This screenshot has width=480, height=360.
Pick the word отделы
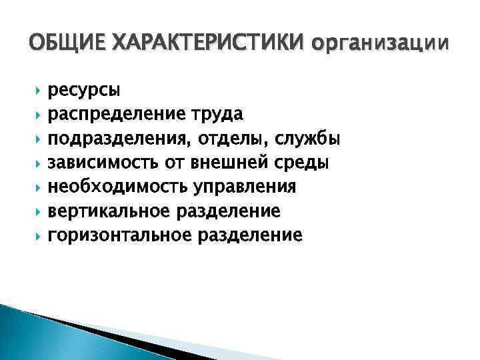tap(221, 139)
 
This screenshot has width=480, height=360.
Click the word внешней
tap(241, 163)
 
